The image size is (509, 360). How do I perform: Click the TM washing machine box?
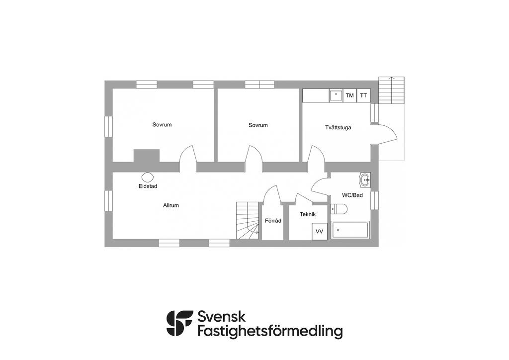point(350,95)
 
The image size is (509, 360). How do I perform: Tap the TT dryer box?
point(364,95)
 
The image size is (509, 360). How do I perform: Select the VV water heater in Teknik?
point(319,232)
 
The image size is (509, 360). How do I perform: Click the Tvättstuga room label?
point(338,128)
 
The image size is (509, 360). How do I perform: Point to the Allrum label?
point(171,205)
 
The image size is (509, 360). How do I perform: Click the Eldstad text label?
point(148,186)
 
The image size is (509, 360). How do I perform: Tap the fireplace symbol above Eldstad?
point(147,177)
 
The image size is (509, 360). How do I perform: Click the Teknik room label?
point(308,214)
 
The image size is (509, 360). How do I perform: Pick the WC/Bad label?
point(352,195)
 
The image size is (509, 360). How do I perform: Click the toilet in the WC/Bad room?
point(340,209)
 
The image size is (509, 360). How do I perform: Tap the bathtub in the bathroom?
point(350,230)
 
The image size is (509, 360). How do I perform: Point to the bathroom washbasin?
point(365,179)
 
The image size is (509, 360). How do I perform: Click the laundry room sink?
point(336,95)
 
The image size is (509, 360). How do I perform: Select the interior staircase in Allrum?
point(248,221)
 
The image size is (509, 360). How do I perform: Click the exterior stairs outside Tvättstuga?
point(391,90)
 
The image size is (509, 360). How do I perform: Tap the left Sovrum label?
point(162,125)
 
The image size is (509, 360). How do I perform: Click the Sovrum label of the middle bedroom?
point(258,125)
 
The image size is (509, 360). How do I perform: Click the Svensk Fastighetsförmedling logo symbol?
point(179,323)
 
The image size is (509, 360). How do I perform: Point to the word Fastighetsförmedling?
point(270,331)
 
